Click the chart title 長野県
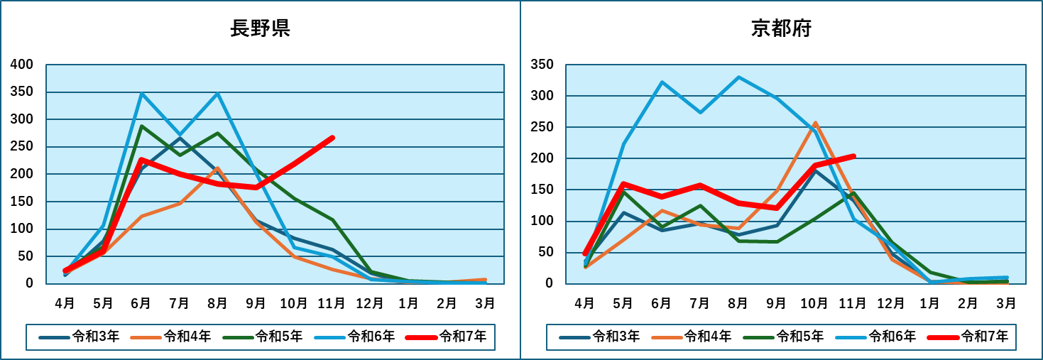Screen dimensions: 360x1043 click(260, 29)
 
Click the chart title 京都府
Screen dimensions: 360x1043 click(781, 29)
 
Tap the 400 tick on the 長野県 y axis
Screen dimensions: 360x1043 click(22, 65)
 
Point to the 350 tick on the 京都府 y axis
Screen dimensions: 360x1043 click(542, 65)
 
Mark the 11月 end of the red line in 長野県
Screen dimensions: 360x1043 click(332, 138)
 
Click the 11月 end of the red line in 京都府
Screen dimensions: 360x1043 click(853, 156)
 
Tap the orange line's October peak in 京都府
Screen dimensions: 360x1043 click(815, 123)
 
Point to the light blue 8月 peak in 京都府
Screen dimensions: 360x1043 click(738, 77)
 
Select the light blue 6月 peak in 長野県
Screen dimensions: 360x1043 click(141, 94)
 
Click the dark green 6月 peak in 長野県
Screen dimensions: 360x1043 click(141, 126)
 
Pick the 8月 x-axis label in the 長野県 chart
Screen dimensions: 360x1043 click(217, 303)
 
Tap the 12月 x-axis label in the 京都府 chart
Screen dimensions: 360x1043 click(891, 303)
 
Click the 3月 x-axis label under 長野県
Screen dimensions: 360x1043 click(485, 303)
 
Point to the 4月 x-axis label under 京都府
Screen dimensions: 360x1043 click(585, 303)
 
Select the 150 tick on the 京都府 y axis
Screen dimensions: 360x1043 click(542, 190)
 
